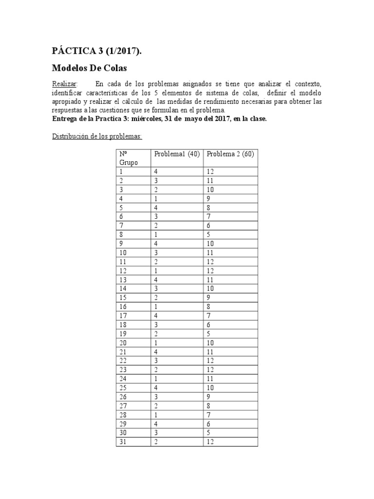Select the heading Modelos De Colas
[89, 68]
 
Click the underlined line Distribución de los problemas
[97, 136]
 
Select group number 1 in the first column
[121, 172]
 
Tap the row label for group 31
[123, 442]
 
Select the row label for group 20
[123, 343]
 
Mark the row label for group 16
[123, 307]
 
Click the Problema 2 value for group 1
[210, 172]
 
